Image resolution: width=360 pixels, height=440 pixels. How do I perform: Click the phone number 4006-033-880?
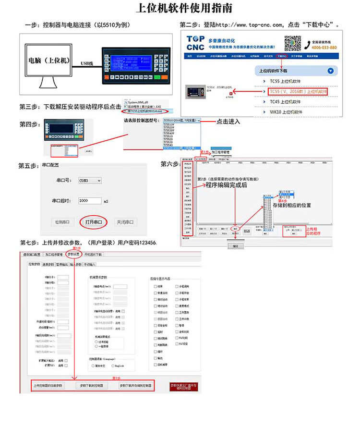pyautogui.click(x=324, y=48)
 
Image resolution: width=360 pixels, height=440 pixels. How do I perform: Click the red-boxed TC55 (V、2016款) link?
pyautogui.click(x=298, y=91)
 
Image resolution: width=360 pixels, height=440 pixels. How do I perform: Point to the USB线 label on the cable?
pyautogui.click(x=87, y=63)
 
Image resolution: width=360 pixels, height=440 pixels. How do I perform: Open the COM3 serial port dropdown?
pyautogui.click(x=90, y=181)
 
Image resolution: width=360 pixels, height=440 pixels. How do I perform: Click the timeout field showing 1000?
pyautogui.click(x=89, y=201)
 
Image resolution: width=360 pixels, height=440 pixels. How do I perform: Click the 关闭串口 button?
pyautogui.click(x=125, y=222)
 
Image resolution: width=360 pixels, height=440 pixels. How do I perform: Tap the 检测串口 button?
pyautogui.click(x=62, y=222)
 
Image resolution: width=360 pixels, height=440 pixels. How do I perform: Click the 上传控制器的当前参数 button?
pyautogui.click(x=48, y=385)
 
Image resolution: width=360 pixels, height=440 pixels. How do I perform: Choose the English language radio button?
pyautogui.click(x=114, y=366)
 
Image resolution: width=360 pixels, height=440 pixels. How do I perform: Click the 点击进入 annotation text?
pyautogui.click(x=228, y=122)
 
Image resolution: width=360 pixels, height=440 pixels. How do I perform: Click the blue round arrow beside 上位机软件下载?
pyautogui.click(x=330, y=71)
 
